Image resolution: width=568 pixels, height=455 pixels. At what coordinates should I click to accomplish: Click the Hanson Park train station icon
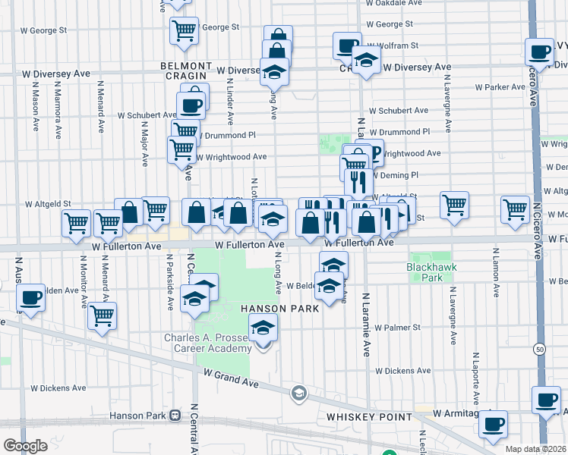click(175, 416)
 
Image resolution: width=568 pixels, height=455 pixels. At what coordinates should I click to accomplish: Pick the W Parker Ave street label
click(502, 87)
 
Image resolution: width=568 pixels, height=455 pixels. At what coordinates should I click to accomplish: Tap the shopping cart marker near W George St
click(184, 30)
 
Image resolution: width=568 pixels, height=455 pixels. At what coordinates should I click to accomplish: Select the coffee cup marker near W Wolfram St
click(347, 45)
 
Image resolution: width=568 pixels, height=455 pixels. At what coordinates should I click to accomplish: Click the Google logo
click(25, 446)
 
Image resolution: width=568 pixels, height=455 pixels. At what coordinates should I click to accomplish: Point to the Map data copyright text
click(536, 450)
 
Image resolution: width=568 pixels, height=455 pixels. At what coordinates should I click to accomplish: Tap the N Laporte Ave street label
click(476, 378)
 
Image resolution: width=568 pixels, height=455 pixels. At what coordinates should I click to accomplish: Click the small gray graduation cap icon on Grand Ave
click(299, 393)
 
